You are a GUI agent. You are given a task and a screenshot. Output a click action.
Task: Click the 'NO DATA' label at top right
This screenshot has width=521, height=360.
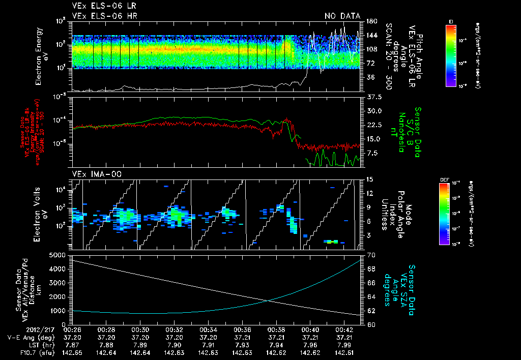(x=342, y=16)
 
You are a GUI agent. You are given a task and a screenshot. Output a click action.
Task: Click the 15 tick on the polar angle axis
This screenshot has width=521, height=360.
(x=370, y=179)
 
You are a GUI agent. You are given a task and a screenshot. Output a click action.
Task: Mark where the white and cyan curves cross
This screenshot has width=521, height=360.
(x=269, y=301)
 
